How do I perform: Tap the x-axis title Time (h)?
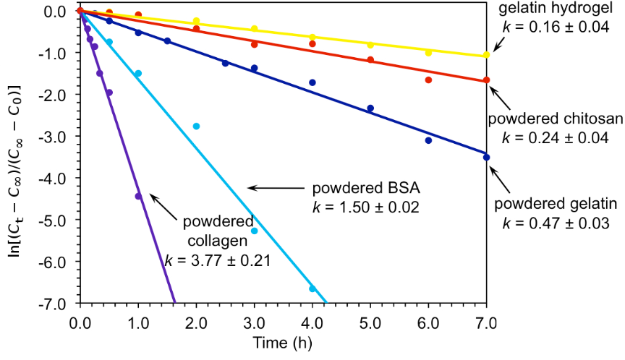282,340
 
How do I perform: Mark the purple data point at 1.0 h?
138,196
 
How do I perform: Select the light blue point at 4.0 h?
312,288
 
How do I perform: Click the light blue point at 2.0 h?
196,126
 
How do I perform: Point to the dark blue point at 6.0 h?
428,140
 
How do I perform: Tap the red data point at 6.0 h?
428,80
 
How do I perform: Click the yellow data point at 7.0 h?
486,55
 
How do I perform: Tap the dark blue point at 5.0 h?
370,108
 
